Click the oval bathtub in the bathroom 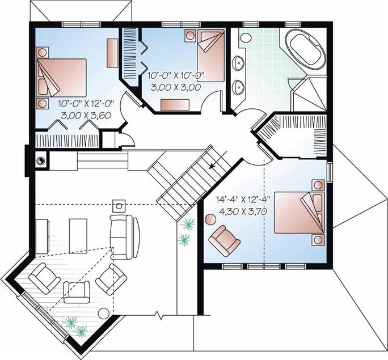305,50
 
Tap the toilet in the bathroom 245,37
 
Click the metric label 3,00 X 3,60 85,115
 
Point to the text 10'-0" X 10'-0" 175,75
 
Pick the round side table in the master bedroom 210,219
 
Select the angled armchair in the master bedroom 225,240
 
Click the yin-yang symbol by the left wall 41,161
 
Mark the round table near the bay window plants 104,314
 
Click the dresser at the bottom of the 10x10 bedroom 175,105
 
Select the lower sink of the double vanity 239,87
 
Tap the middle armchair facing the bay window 77,292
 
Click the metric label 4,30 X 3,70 243,211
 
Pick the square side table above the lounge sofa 119,206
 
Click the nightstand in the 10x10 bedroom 190,35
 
